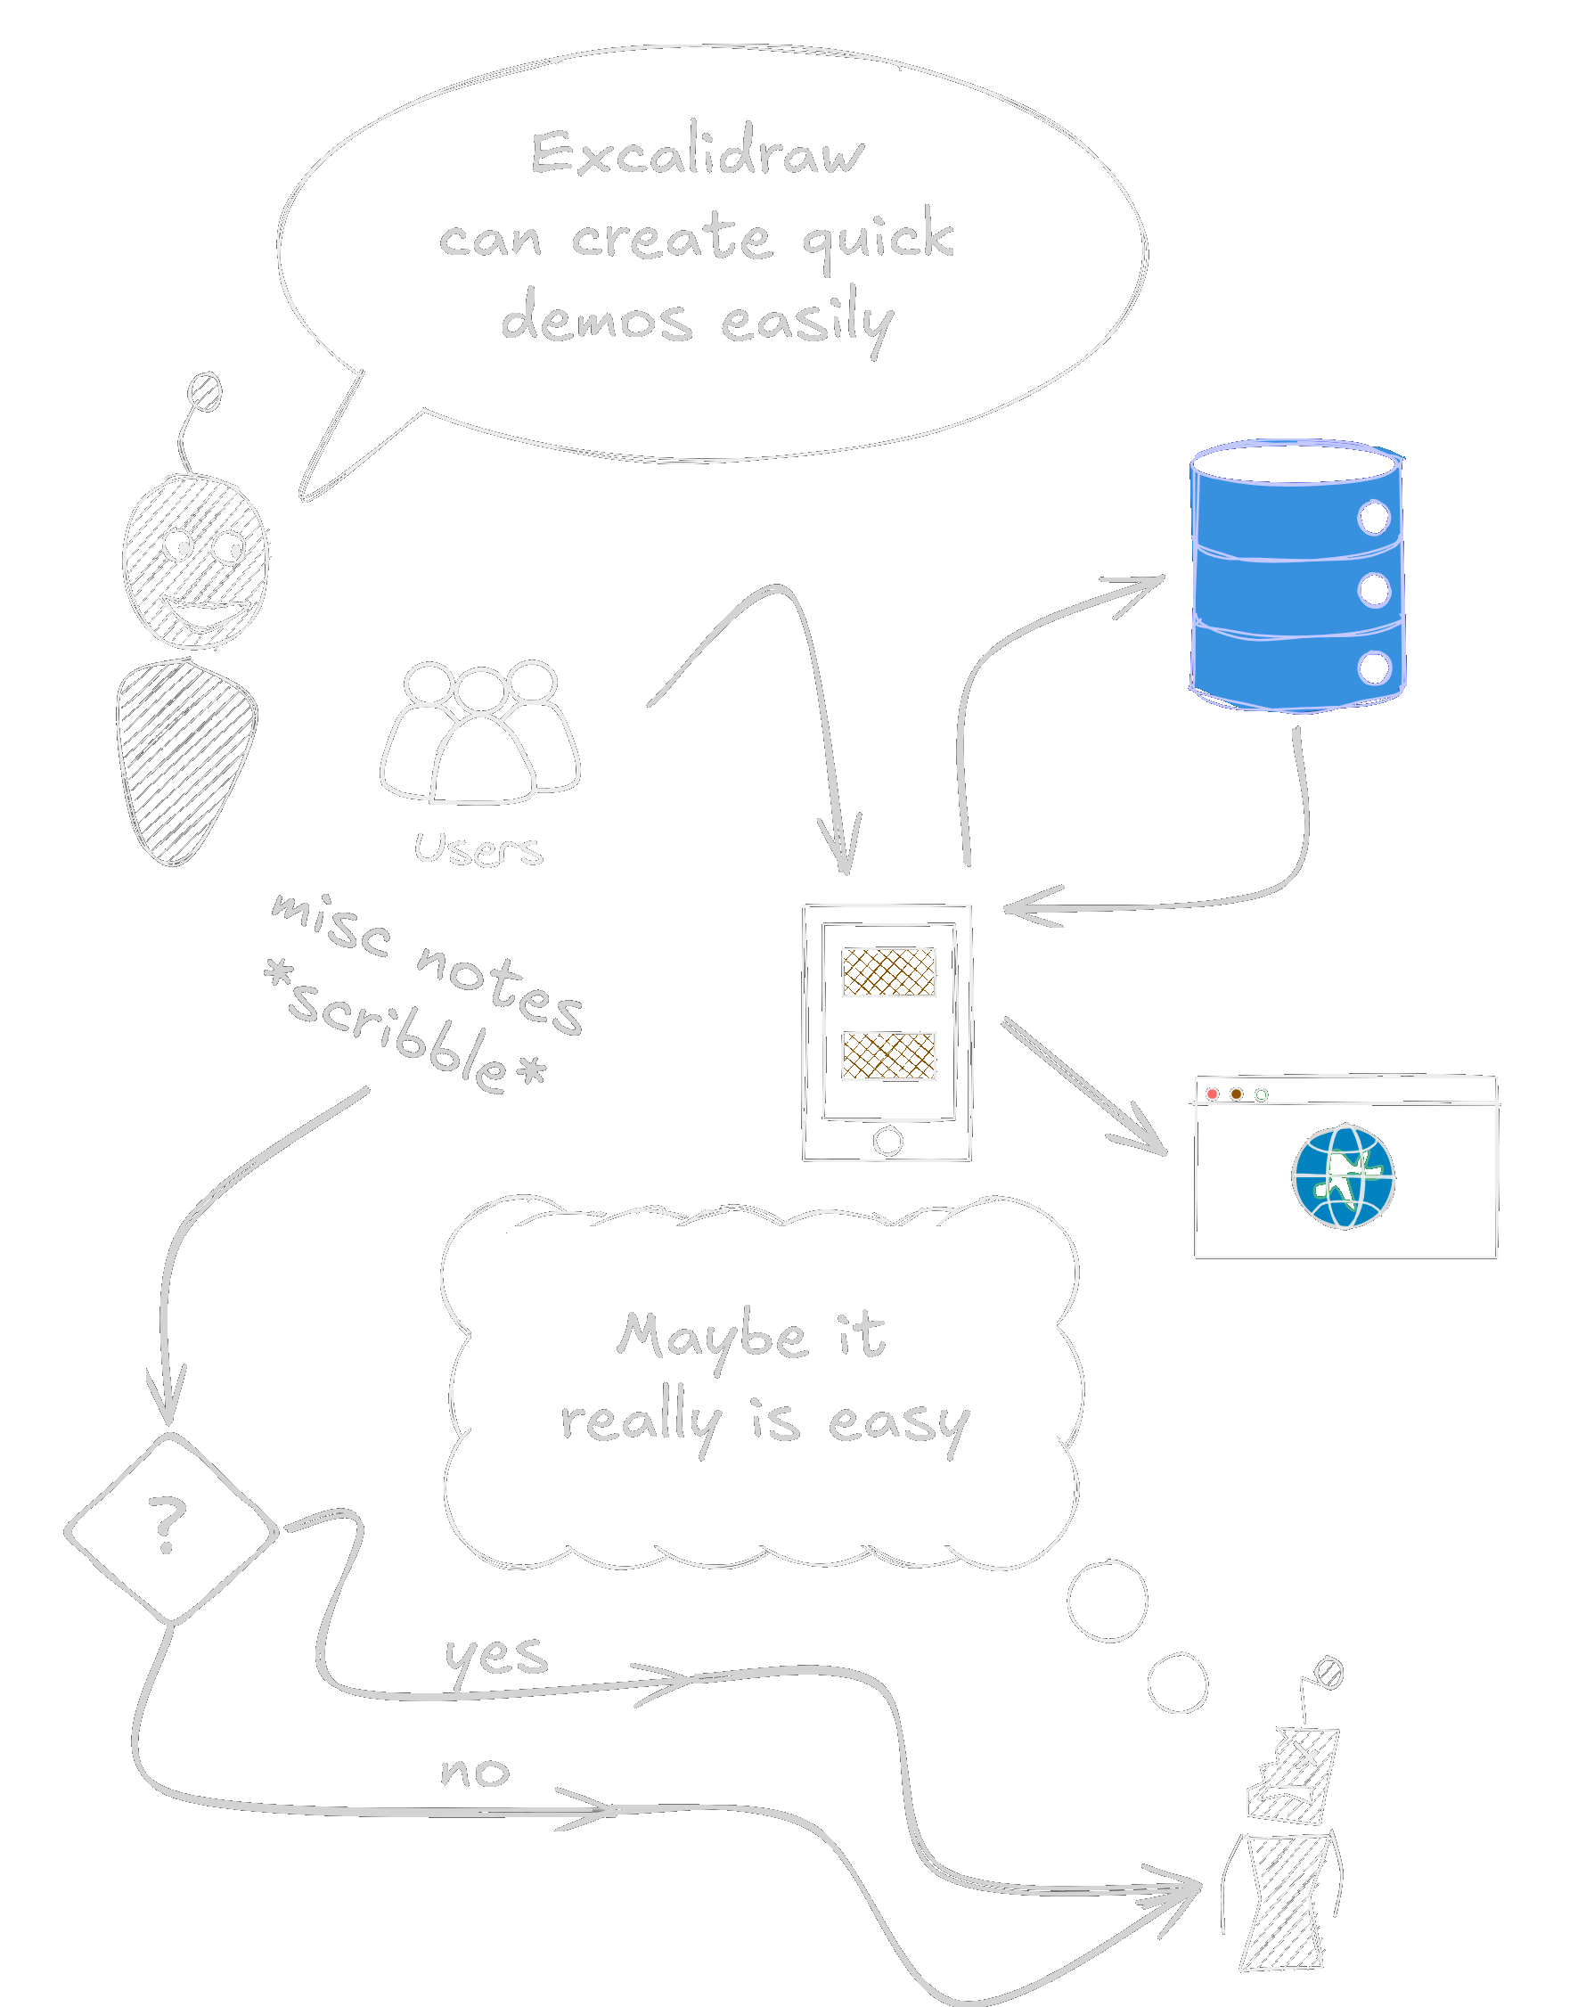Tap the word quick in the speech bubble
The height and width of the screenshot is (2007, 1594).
pos(879,236)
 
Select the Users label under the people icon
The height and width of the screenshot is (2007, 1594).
pos(478,849)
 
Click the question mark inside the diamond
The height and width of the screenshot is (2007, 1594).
pos(168,1525)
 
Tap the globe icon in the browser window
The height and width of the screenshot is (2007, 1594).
pos(1343,1176)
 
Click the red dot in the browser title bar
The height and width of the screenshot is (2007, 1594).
pos(1212,1094)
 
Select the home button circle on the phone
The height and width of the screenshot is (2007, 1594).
pos(887,1141)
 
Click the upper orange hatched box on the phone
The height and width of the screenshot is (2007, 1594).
pos(888,971)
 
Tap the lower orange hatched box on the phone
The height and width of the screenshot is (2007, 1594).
pos(888,1055)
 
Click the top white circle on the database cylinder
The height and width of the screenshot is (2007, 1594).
pos(1373,518)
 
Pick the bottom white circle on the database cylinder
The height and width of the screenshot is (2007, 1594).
pos(1373,668)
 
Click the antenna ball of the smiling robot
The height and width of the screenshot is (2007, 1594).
pos(205,392)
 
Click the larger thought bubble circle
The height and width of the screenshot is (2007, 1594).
pos(1108,1602)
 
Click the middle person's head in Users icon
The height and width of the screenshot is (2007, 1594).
pos(480,691)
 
